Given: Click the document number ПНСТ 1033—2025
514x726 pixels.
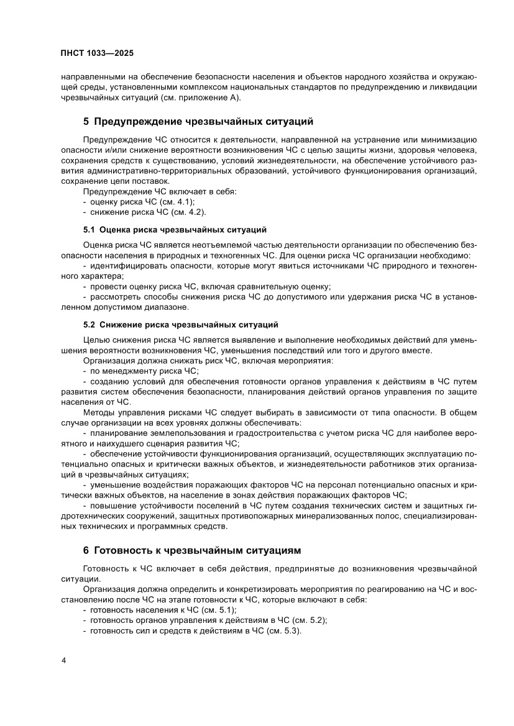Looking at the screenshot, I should pos(97,53).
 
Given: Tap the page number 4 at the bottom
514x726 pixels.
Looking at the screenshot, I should pos(63,660).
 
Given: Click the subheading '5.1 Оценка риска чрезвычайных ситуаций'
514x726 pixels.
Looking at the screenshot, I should pos(175,229).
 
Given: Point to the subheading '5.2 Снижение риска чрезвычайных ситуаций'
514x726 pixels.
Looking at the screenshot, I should pos(180,324).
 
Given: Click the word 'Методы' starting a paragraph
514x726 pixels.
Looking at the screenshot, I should pos(98,412).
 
